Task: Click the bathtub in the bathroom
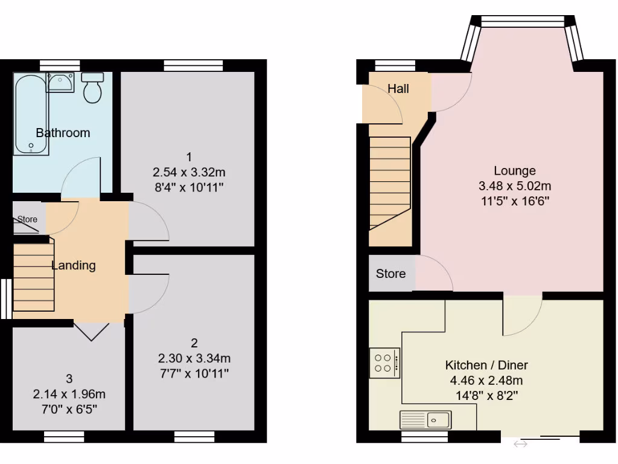[x=30, y=114]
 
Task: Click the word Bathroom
[x=63, y=133]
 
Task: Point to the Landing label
[x=74, y=265]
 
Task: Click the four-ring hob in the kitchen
[x=384, y=363]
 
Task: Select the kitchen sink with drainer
[x=425, y=419]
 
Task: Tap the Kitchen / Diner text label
[x=486, y=365]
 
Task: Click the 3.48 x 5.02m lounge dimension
[x=515, y=186]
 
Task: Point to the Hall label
[x=398, y=89]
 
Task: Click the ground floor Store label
[x=390, y=274]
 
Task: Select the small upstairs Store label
[x=27, y=219]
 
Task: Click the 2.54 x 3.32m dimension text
[x=189, y=172]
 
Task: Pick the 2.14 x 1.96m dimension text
[x=69, y=395]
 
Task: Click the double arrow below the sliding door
[x=520, y=445]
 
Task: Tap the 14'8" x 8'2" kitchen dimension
[x=486, y=396]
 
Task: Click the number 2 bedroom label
[x=194, y=343]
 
